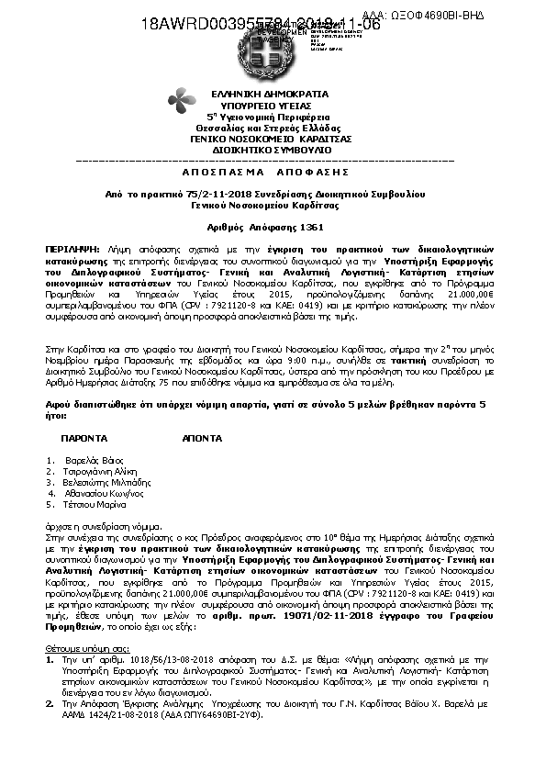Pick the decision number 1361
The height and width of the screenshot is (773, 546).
point(311,226)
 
